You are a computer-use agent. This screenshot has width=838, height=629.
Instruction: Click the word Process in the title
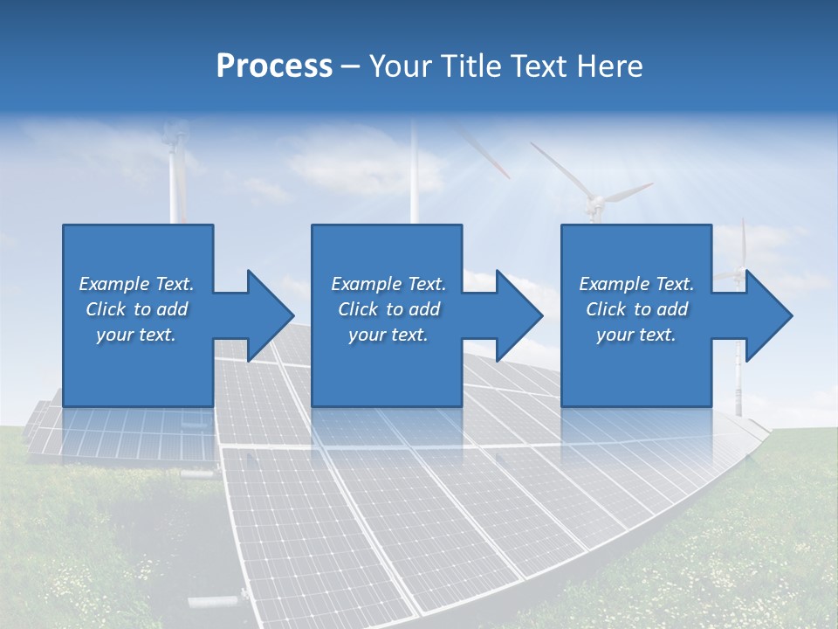(x=274, y=66)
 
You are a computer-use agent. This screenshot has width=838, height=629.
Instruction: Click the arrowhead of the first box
(x=271, y=315)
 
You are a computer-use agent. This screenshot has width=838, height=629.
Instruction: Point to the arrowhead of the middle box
(x=519, y=315)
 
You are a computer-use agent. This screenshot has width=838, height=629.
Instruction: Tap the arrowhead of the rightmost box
(x=769, y=315)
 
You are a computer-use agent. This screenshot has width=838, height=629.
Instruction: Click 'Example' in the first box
(x=114, y=284)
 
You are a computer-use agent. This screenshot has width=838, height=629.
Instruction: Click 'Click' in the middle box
(x=357, y=309)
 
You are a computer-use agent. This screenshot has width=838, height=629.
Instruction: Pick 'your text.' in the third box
(x=635, y=335)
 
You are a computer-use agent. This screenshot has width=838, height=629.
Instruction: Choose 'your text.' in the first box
(x=136, y=335)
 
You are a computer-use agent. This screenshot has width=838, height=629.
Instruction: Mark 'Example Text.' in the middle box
(x=388, y=284)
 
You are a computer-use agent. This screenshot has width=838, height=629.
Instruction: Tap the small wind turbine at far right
(x=743, y=262)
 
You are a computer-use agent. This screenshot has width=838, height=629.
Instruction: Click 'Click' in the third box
(x=606, y=309)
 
